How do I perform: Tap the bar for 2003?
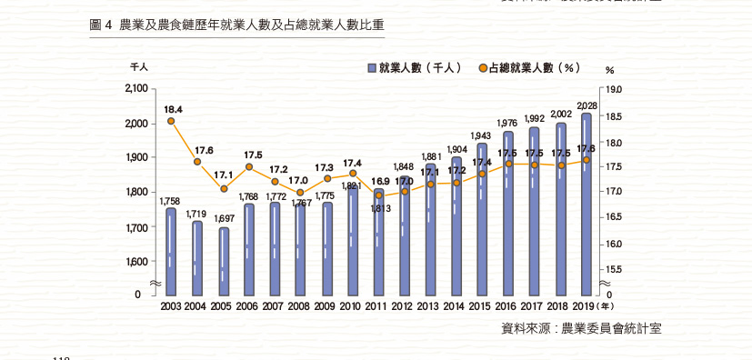[171, 250]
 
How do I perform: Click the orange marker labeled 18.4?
[171, 121]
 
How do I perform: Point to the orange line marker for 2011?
[378, 195]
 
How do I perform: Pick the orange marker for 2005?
[223, 189]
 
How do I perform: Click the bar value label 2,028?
[587, 106]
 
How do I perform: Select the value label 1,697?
[223, 219]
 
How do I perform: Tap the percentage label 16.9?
[378, 182]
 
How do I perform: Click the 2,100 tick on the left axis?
[135, 88]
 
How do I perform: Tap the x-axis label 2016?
[506, 307]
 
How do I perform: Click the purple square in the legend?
[372, 68]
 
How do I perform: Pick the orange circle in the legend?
[481, 68]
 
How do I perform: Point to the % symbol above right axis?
[609, 70]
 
